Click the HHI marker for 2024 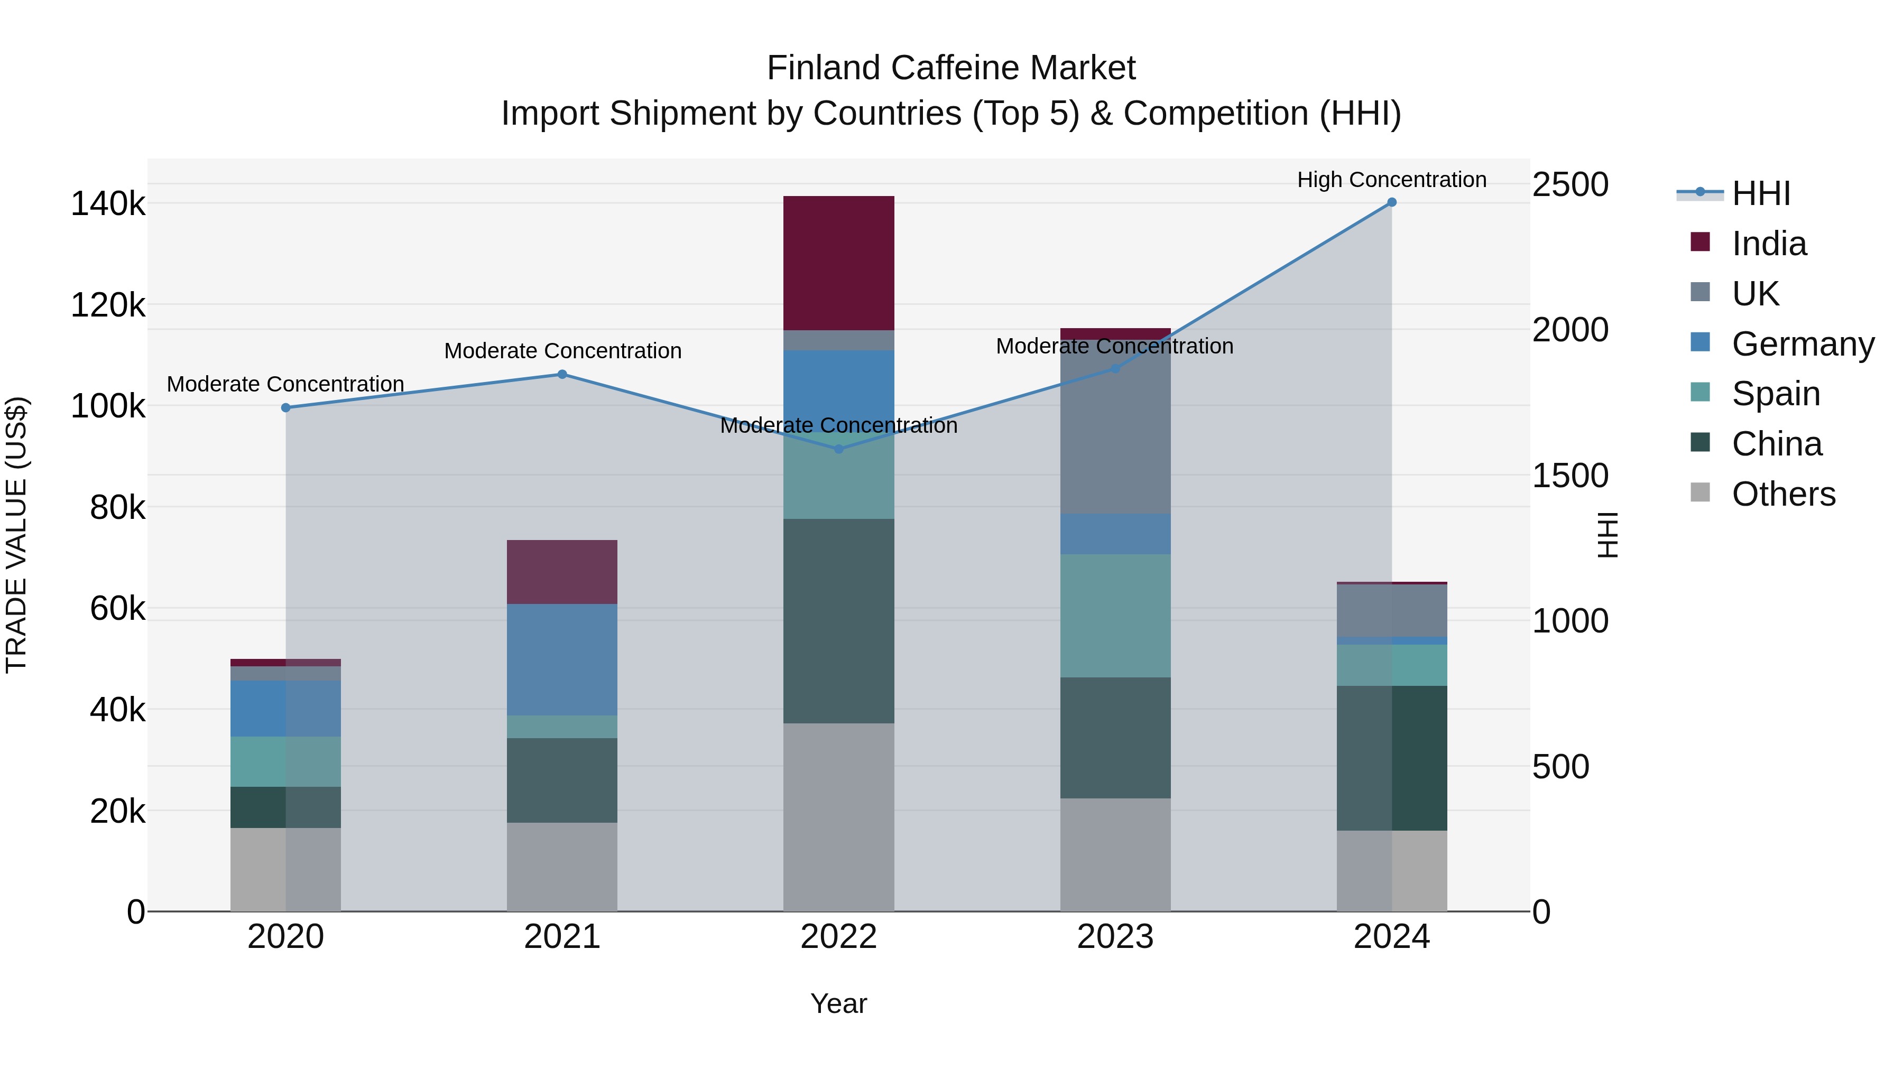click(1391, 202)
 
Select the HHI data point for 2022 click(838, 449)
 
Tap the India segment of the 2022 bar click(838, 263)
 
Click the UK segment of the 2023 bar click(1115, 432)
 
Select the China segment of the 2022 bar click(838, 620)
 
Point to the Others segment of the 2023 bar click(1115, 854)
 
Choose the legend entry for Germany click(1803, 344)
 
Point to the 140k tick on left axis click(108, 204)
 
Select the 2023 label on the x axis click(1115, 937)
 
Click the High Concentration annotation click(1391, 180)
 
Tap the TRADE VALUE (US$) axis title click(16, 535)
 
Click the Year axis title click(838, 1003)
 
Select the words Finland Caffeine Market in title click(951, 68)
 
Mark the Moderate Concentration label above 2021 click(562, 351)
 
